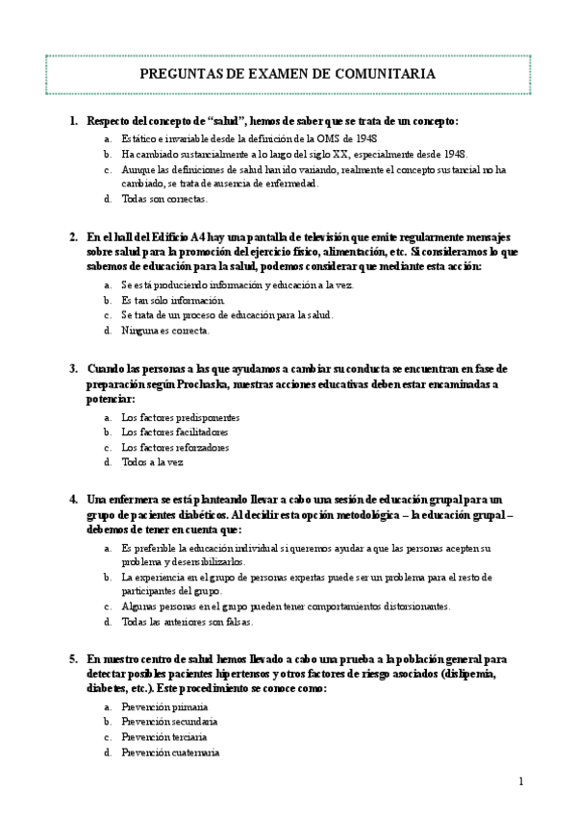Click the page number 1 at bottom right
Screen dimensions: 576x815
[520, 781]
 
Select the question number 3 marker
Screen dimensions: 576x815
[73, 369]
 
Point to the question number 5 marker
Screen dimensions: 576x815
[73, 660]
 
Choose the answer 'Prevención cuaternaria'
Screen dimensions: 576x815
[171, 753]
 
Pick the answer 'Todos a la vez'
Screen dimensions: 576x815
[152, 461]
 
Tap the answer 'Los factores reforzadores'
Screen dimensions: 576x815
[176, 447]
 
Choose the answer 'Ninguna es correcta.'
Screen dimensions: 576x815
[165, 331]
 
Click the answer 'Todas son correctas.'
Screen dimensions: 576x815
[164, 199]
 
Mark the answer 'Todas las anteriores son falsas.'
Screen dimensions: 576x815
[188, 622]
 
